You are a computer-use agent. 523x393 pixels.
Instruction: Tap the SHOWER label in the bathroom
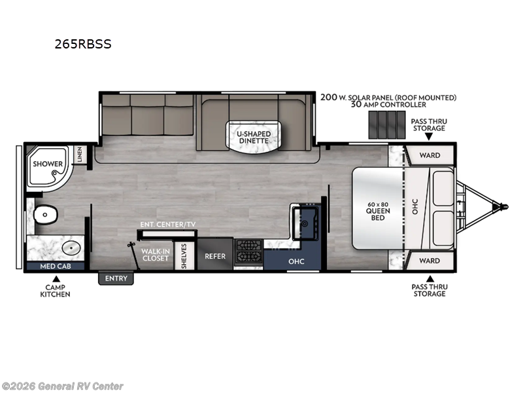coord(48,164)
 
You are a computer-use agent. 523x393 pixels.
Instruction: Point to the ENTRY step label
coord(116,279)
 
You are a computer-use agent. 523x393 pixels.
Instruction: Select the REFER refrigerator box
coord(215,256)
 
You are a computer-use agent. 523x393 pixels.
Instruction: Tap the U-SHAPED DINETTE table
coord(249,137)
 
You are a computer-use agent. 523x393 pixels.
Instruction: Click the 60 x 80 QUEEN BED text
coord(378,211)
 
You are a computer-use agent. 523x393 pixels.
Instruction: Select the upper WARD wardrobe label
coord(429,155)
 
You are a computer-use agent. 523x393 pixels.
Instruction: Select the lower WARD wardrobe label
coord(429,261)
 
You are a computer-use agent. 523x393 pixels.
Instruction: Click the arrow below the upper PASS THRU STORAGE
coord(428,136)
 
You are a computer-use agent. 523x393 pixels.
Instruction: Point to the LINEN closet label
coord(79,154)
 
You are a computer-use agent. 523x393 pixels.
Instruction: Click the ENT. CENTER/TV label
coord(167,225)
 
